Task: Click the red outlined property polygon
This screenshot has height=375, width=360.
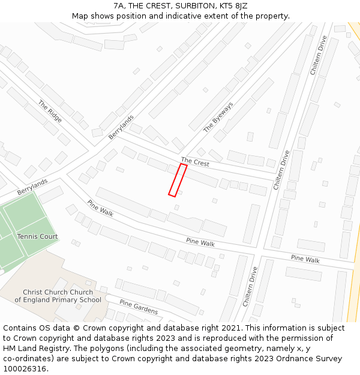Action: tap(178, 180)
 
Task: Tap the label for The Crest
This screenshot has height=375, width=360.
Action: tap(195, 162)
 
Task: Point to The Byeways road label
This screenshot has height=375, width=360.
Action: tap(218, 117)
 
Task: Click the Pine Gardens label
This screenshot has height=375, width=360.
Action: tap(139, 307)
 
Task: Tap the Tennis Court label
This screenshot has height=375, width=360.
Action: tap(37, 236)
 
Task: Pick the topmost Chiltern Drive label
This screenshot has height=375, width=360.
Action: tap(319, 55)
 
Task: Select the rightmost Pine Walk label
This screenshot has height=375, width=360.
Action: tap(305, 259)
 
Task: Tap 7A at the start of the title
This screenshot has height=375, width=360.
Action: tap(119, 6)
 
